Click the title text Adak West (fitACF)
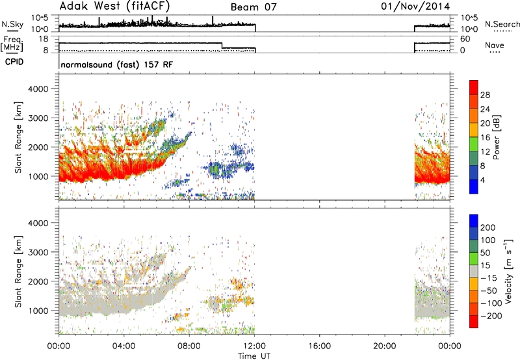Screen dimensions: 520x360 [x=116, y=6]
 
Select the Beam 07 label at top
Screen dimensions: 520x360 [x=253, y=7]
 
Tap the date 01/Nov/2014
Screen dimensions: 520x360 [x=415, y=6]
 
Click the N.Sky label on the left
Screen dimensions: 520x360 [x=12, y=24]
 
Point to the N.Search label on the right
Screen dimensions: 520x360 [x=502, y=24]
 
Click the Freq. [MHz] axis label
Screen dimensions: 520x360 [x=12, y=44]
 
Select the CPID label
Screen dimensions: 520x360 [x=14, y=62]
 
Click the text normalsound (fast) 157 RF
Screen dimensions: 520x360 [x=117, y=64]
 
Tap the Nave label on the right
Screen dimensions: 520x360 [x=495, y=45]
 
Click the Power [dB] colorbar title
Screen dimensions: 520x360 [x=496, y=137]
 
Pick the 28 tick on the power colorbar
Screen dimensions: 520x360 [x=485, y=95]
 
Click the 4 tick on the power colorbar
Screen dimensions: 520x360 [x=482, y=180]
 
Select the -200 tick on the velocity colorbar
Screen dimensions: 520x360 [x=489, y=316]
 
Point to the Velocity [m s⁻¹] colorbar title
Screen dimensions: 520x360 [x=508, y=271]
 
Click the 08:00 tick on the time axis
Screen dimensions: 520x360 [x=189, y=346]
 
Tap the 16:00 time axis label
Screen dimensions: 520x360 [x=319, y=346]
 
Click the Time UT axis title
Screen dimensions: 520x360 [x=254, y=355]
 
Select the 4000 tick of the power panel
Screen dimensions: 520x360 [x=38, y=89]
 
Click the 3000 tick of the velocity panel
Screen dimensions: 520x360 [x=38, y=252]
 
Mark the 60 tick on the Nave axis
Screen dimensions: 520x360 [x=465, y=39]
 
